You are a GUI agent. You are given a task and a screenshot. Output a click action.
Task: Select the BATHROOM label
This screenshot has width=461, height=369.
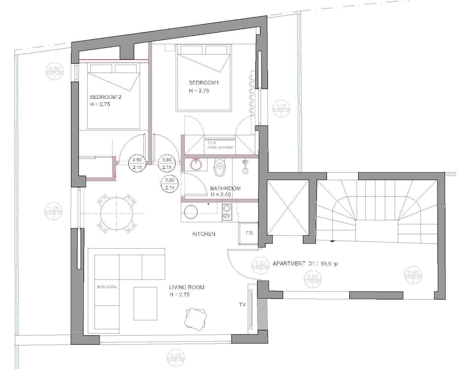point(225,188)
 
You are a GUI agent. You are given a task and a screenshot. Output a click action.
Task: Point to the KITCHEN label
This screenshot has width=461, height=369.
point(204,234)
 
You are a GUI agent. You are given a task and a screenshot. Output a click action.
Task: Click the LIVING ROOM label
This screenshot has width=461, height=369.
point(187,287)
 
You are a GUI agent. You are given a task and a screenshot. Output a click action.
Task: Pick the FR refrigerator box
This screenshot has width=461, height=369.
point(249,233)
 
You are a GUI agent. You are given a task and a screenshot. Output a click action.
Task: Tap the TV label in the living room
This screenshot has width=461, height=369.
point(242,305)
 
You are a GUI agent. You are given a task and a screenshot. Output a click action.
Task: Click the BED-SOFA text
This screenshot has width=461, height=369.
point(107,287)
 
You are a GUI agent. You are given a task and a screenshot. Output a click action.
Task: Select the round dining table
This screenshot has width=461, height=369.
point(116,213)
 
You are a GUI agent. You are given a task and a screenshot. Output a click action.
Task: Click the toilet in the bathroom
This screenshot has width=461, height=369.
point(220,167)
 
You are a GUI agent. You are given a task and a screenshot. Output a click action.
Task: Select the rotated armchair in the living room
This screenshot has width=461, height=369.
point(195,318)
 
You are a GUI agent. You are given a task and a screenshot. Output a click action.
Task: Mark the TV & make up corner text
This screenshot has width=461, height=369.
point(220,145)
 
